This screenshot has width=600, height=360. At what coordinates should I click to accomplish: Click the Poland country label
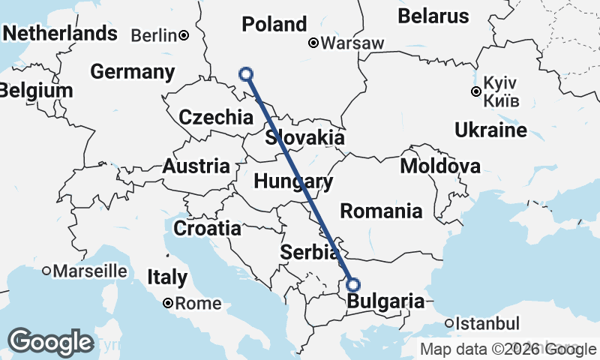[274, 24]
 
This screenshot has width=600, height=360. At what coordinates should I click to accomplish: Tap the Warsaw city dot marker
[313, 43]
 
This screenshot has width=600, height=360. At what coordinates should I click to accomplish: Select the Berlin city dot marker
[184, 34]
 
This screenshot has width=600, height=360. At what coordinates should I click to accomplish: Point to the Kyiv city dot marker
[475, 91]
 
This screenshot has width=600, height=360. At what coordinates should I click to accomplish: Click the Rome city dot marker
[169, 303]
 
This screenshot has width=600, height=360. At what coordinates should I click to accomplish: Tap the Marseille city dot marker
[46, 270]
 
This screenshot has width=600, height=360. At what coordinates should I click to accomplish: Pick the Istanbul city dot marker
[448, 323]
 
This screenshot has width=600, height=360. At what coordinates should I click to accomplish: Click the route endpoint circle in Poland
[245, 73]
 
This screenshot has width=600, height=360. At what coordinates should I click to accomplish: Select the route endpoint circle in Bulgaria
[353, 285]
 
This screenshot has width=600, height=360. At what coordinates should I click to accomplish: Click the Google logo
[50, 342]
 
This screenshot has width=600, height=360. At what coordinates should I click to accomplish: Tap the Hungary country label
[293, 181]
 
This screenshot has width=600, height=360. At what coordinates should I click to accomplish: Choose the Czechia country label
[216, 117]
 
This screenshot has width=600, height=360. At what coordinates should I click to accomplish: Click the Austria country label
[196, 166]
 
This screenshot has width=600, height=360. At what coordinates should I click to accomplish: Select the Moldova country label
[440, 166]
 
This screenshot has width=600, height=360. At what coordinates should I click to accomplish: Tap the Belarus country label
[433, 16]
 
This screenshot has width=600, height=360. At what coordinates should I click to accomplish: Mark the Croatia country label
[207, 228]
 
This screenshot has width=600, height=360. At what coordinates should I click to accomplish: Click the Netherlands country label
[60, 34]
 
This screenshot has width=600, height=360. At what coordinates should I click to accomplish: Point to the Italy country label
[167, 277]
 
